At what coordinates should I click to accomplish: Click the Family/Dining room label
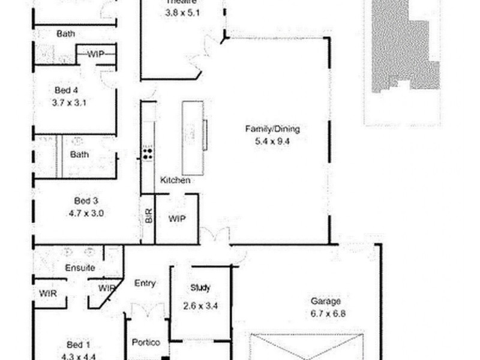tap(272, 128)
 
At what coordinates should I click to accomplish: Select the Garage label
tap(325, 301)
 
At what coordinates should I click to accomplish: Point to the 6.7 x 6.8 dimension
tap(328, 313)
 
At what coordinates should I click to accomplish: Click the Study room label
tap(200, 287)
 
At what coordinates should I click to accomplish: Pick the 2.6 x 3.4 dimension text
tap(200, 305)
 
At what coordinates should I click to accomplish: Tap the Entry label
tap(145, 283)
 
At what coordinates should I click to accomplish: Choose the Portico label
tap(146, 343)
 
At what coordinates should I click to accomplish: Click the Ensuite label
tap(80, 268)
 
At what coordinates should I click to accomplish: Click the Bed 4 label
tap(66, 91)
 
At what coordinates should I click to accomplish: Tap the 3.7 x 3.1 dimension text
tap(70, 102)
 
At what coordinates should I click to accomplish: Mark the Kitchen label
tap(175, 180)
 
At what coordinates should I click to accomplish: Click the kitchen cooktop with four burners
tap(148, 154)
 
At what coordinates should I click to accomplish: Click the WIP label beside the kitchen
tap(176, 219)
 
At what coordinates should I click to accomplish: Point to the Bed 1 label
tap(78, 344)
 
